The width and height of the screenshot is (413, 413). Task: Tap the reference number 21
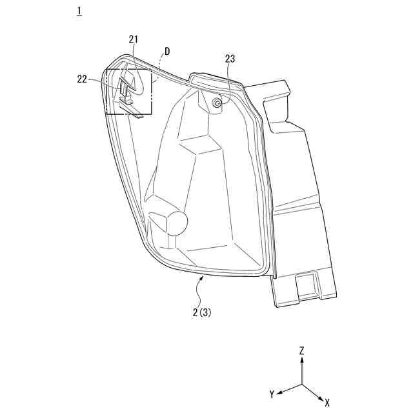click(x=134, y=39)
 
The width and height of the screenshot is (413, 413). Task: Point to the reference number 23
click(x=230, y=59)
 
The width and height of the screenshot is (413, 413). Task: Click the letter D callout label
click(x=167, y=51)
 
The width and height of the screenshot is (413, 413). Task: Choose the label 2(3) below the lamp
click(x=201, y=312)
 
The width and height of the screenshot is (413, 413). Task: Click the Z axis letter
click(x=301, y=351)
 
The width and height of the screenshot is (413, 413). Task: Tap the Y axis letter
click(x=273, y=394)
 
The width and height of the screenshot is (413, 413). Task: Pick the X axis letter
click(x=327, y=402)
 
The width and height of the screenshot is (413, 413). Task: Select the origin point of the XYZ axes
click(x=301, y=385)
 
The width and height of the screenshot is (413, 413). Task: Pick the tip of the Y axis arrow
click(x=281, y=392)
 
